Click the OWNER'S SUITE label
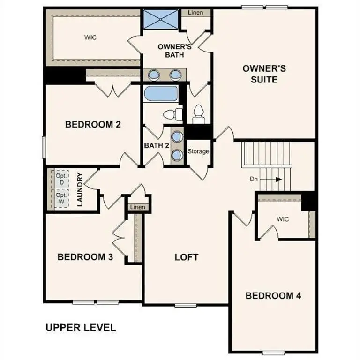[264, 74]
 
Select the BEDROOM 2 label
[93, 125]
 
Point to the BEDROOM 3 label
[85, 257]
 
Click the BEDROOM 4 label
[273, 295]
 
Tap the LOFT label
[186, 257]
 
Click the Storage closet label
[198, 152]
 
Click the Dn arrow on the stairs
[278, 179]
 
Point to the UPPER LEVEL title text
[80, 327]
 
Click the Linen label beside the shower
[195, 13]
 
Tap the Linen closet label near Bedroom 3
[137, 207]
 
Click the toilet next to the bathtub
[172, 114]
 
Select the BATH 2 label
[157, 145]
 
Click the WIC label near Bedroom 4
[283, 219]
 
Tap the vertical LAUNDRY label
[80, 190]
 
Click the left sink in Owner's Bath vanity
[154, 74]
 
